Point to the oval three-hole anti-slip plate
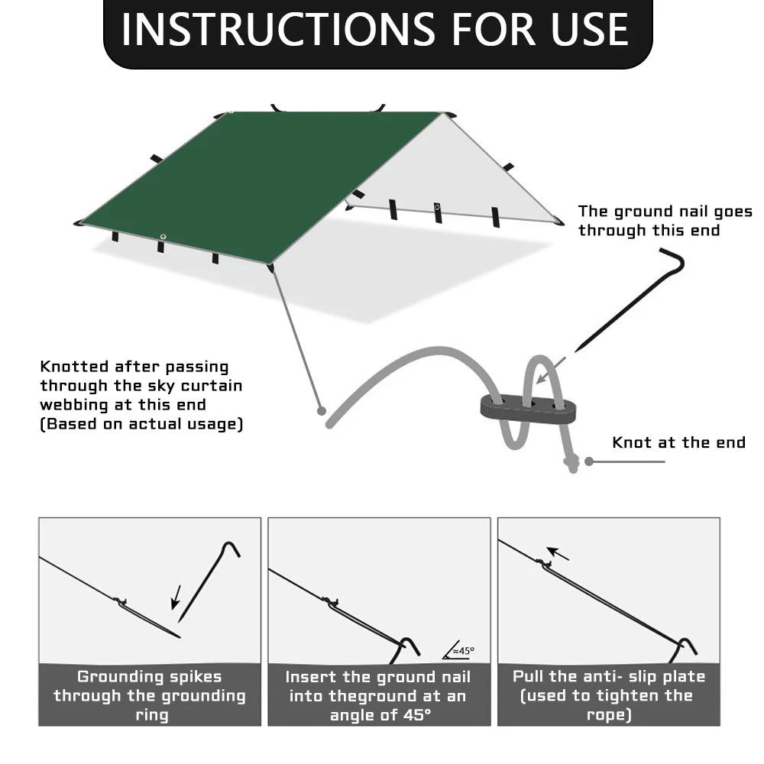tap(529, 406)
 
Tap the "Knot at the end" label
tap(678, 443)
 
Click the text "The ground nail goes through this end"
tap(664, 221)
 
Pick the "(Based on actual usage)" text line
tap(141, 425)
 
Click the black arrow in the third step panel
tap(558, 553)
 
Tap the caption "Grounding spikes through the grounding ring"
tap(150, 695)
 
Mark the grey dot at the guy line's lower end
tap(322, 411)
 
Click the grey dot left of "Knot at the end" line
tap(589, 461)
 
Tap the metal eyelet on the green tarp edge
tap(163, 235)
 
